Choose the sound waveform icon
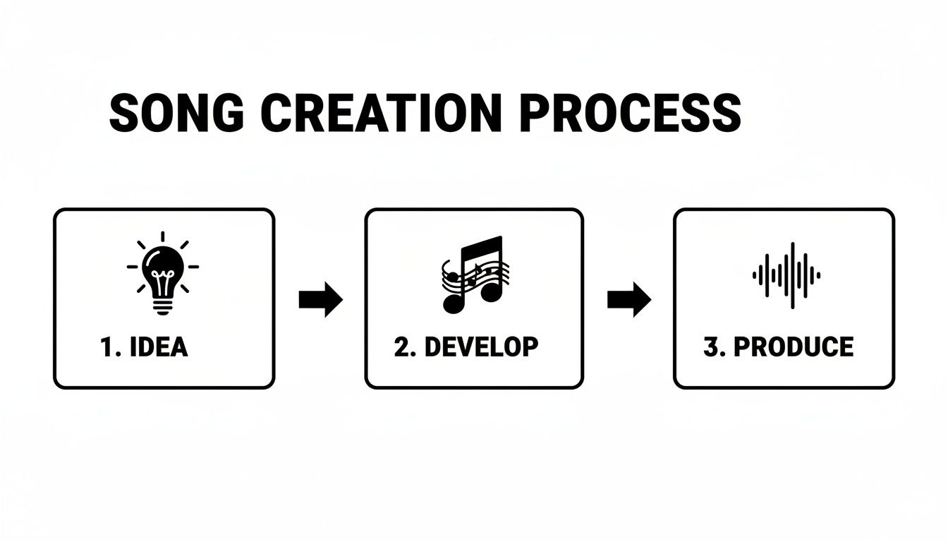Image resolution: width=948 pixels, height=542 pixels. coord(786,275)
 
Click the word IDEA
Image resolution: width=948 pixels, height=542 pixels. coord(160,347)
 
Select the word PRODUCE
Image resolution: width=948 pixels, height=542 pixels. coord(794,347)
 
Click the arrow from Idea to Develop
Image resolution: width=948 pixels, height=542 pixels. coord(320,299)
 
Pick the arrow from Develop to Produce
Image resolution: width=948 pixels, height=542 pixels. coord(628,299)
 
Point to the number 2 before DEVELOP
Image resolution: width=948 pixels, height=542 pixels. coord(402,347)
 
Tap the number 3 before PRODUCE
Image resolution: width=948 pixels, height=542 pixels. coord(711,347)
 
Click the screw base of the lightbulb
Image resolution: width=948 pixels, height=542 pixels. coord(163,305)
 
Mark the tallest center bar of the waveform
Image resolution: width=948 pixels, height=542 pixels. coord(792,275)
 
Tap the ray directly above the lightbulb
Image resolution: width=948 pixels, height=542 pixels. coord(163,237)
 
